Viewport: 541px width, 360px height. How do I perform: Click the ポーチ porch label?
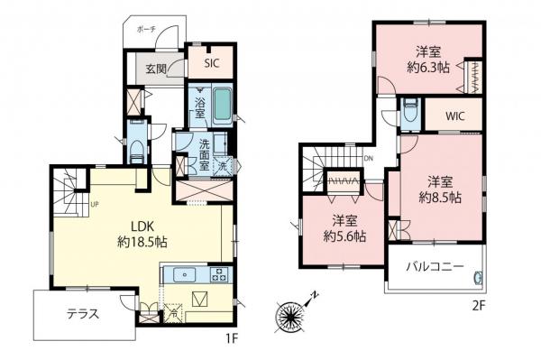[x=146, y=30]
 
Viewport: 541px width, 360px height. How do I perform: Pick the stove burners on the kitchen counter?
[x=219, y=274]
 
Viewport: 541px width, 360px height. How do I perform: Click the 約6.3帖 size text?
[x=428, y=69]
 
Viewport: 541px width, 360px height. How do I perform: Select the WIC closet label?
[x=453, y=116]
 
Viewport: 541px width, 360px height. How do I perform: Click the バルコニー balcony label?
[x=433, y=267]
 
